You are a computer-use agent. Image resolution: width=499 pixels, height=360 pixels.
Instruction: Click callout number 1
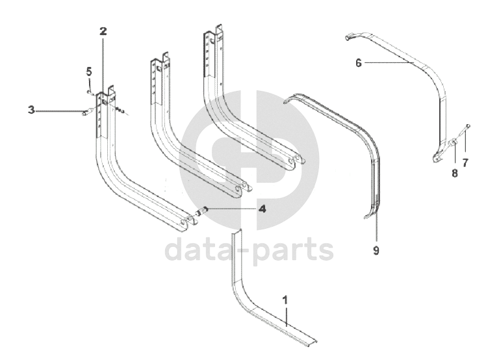pos(285,300)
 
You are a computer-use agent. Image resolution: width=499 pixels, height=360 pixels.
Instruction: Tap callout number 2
pos(103,31)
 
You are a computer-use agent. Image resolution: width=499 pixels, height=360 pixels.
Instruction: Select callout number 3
pos(31,110)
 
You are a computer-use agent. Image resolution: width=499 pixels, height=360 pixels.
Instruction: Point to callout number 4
pos(262,209)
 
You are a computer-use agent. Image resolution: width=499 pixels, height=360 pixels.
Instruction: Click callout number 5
pos(89,71)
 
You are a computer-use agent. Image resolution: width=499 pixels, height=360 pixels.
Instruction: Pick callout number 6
pos(358,63)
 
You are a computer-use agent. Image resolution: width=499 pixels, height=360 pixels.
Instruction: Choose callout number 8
pos(454,174)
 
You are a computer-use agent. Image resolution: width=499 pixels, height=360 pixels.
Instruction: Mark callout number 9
pos(376,249)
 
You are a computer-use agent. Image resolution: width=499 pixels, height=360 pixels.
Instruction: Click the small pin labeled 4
pos(202,211)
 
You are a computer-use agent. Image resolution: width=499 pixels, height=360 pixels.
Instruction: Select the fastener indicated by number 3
pos(84,114)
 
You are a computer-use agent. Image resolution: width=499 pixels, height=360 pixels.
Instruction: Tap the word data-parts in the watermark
pos(249,250)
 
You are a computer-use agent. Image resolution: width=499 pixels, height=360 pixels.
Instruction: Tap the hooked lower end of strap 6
pos(437,156)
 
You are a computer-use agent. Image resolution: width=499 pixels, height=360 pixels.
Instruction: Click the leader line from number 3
pos(58,111)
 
